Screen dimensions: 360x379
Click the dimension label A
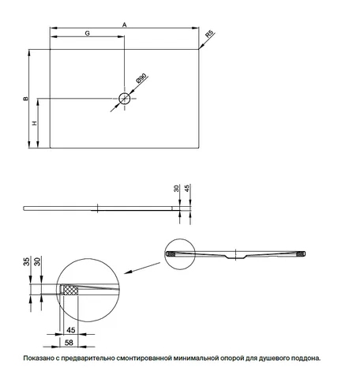tap(125, 24)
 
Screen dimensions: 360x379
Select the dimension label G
tap(87, 33)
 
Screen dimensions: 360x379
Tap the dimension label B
tap(26, 99)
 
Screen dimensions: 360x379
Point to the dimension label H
tap(35, 123)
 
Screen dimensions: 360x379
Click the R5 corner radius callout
tap(209, 35)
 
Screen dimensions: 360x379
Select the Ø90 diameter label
tap(141, 78)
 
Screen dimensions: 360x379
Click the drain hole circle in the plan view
tap(125, 99)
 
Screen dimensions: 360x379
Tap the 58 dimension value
tap(69, 343)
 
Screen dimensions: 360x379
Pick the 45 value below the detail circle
tap(71, 330)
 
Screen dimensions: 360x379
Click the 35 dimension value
tap(27, 261)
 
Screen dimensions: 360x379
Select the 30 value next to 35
tap(38, 261)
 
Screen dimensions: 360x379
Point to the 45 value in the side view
tap(187, 188)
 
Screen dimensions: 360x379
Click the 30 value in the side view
tap(176, 189)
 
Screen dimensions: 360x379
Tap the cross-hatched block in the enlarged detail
tap(71, 291)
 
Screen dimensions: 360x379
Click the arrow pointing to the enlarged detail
tap(142, 268)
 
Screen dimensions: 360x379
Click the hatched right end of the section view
tap(300, 254)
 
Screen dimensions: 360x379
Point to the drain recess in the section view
tap(235, 257)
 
